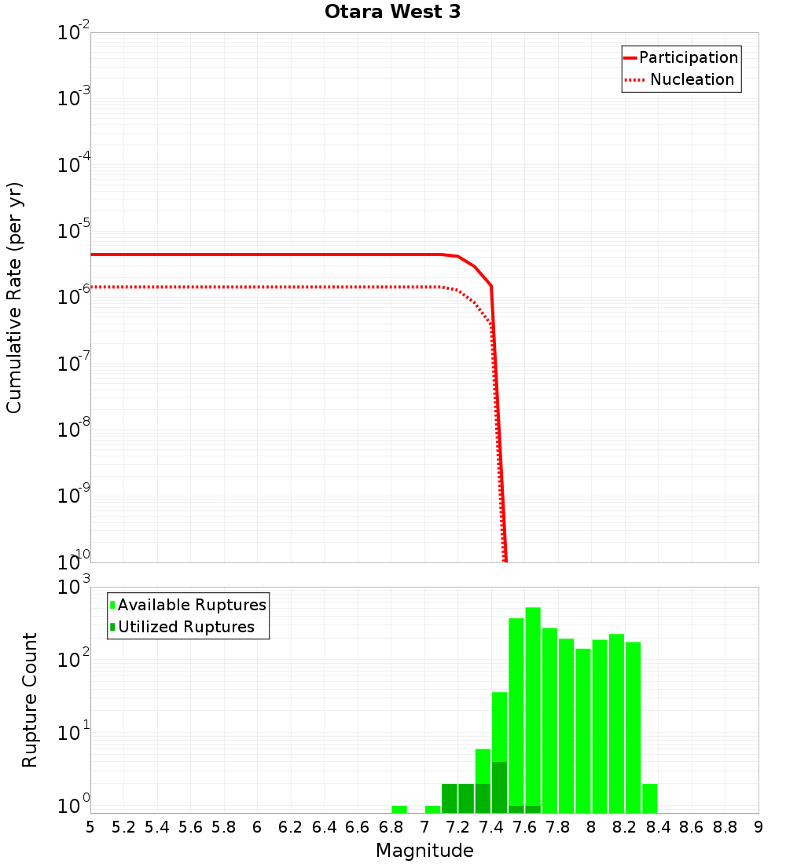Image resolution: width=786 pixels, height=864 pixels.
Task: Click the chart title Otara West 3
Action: point(392,12)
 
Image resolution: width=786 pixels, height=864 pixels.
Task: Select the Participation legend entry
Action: point(689,58)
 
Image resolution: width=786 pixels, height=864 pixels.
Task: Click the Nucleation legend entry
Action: point(692,80)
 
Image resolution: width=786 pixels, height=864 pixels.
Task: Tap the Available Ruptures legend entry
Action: point(192,606)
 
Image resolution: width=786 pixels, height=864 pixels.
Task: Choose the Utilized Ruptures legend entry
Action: point(185,628)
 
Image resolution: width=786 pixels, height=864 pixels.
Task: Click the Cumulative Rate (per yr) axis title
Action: point(15,298)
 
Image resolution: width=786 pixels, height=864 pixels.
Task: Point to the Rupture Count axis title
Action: point(30,700)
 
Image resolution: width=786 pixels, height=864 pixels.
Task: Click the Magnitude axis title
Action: point(424,851)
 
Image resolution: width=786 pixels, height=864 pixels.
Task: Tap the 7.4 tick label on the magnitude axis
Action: point(491,827)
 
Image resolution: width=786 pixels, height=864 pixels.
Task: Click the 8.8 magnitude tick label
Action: point(725,827)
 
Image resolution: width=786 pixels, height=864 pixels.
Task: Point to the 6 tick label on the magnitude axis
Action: point(257,827)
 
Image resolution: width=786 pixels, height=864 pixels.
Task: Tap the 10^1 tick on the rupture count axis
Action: point(74,736)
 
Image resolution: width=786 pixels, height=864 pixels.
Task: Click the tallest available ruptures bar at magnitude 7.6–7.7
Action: point(533,707)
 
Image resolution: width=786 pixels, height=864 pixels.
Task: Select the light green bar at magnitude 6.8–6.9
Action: point(399,809)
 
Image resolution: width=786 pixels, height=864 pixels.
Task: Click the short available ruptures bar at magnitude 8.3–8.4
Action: point(650,798)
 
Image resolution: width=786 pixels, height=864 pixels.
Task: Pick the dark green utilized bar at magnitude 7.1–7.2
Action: point(450,798)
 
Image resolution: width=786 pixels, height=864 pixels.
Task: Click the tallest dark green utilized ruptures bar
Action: point(499,787)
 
